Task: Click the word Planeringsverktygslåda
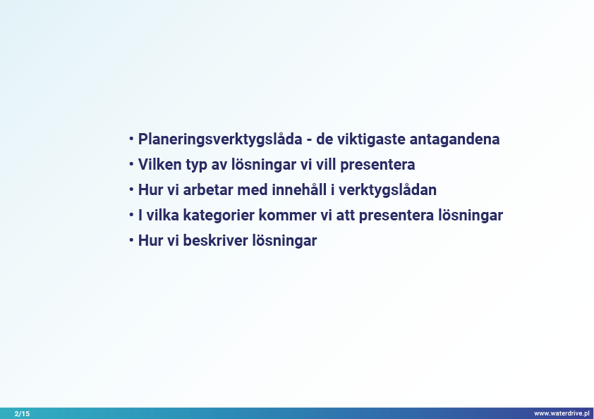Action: point(220,139)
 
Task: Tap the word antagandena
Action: point(454,139)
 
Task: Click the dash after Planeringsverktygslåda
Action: point(309,140)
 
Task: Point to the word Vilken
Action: point(159,165)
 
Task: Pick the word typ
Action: point(196,165)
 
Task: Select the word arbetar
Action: point(208,190)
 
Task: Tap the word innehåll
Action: point(299,190)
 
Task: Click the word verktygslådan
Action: point(387,190)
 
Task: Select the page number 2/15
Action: point(22,413)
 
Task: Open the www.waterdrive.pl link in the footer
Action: point(562,413)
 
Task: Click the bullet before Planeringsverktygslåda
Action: point(131,139)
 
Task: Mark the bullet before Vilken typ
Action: point(131,164)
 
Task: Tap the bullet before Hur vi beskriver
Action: point(131,240)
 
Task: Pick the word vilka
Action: point(162,215)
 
